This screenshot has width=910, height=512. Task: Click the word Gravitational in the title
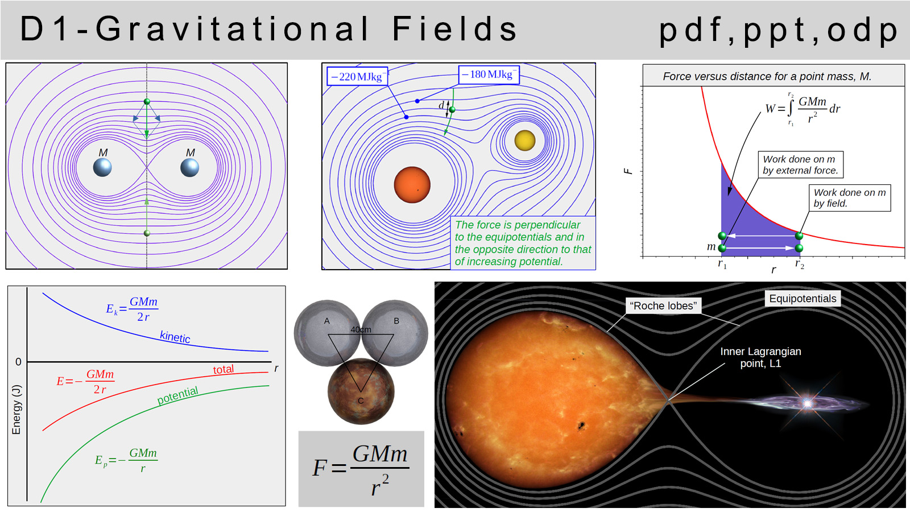point(233,29)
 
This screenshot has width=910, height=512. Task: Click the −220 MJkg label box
point(357,77)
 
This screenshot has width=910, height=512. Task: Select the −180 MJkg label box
point(489,75)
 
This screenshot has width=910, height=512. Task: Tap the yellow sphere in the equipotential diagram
point(524,140)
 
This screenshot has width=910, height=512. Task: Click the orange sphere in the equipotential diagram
point(412,184)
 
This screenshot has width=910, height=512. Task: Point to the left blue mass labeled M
point(102,167)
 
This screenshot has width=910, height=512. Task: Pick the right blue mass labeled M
point(189,167)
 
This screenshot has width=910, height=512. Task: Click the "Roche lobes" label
point(663,305)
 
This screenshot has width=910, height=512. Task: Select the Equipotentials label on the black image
point(803,299)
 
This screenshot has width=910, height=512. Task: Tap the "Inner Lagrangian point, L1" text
point(760,357)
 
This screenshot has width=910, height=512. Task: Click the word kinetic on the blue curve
point(175,337)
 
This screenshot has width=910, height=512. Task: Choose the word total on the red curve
point(224,370)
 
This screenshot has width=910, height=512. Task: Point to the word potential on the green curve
point(177,395)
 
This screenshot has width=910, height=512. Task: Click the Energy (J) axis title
point(16,410)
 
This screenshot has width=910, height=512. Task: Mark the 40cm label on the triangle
point(361,329)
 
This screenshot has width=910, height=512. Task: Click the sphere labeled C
point(361,391)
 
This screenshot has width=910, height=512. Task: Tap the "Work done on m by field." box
point(850,198)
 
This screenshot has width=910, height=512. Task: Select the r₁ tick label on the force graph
point(722,264)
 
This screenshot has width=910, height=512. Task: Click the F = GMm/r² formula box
point(361,469)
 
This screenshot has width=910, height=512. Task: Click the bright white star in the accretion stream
point(807,403)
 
